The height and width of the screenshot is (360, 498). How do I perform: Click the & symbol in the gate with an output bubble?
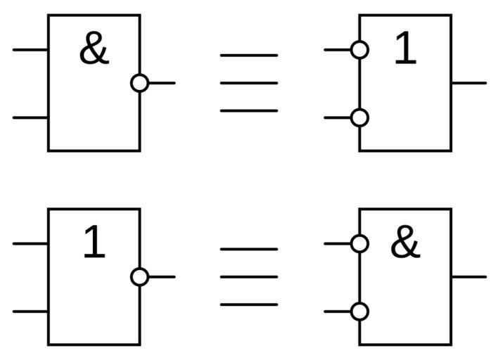tap(94, 51)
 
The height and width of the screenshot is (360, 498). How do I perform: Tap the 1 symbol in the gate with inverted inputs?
tap(404, 50)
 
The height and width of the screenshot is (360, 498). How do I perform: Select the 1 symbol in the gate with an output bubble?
tap(94, 243)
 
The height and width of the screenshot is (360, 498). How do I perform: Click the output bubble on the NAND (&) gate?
tap(140, 83)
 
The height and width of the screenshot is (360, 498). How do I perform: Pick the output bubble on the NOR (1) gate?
tap(140, 277)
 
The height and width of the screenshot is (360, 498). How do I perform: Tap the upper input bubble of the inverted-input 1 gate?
tap(359, 50)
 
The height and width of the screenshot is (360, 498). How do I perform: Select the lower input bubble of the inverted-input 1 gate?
tap(359, 117)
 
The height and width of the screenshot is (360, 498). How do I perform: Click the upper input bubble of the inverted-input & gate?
tap(359, 243)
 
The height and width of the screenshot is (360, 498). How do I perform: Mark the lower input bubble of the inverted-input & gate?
tap(359, 311)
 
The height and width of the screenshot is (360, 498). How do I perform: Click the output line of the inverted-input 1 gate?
tap(468, 83)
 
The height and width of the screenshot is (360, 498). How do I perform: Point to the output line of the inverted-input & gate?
tap(468, 277)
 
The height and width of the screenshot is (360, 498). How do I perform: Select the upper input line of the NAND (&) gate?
tap(30, 50)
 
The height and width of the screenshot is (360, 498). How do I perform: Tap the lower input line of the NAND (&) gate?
tap(30, 117)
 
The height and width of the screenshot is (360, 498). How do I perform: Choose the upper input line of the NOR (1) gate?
tap(30, 243)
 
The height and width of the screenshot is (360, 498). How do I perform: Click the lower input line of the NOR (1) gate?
tap(30, 311)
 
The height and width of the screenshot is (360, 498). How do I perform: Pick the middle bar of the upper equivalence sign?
tap(249, 83)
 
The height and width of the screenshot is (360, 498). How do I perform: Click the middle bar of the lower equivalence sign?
tap(249, 277)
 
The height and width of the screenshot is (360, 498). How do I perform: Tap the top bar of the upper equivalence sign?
tap(249, 55)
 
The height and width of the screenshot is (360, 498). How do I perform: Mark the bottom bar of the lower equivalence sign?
tap(249, 304)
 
